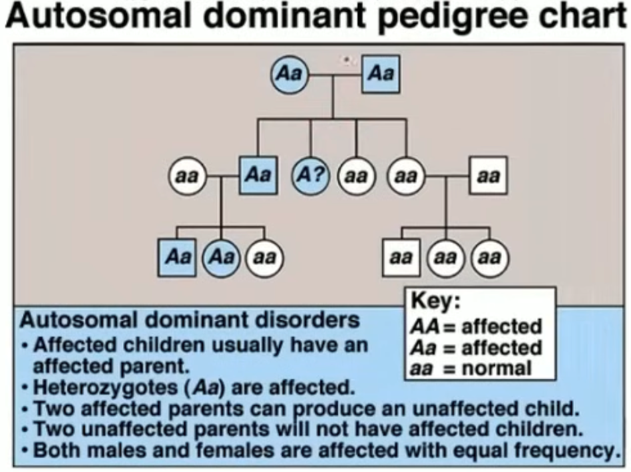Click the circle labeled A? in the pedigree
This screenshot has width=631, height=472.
point(310,176)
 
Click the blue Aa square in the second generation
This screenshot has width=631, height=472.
point(258,176)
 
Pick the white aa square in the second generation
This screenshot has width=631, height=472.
point(488,176)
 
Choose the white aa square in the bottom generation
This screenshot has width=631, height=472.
point(401,258)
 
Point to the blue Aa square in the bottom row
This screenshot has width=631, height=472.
point(177,258)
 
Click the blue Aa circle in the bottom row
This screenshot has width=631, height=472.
point(221,258)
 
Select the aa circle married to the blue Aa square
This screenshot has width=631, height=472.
point(187,176)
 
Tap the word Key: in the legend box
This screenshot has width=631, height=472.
point(435,301)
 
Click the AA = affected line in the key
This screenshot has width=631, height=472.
point(476,326)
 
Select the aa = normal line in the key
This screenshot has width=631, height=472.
point(471,369)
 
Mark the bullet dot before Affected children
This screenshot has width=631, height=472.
point(25,346)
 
